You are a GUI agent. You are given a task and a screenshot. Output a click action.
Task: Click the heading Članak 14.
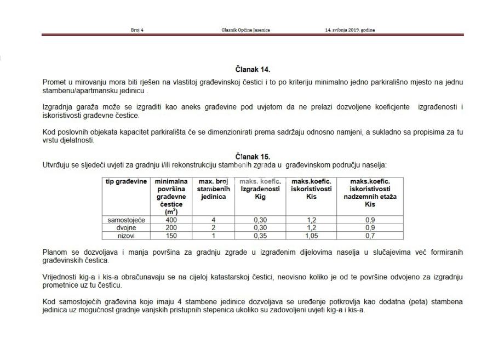pyautogui.click(x=253, y=70)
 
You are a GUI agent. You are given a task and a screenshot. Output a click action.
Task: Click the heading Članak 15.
pyautogui.click(x=253, y=157)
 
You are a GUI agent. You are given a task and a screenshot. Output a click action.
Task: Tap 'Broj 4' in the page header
pyautogui.click(x=137, y=30)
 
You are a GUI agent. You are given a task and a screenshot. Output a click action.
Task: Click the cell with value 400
pyautogui.click(x=171, y=220)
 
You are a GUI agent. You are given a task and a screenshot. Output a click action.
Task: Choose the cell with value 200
pyautogui.click(x=171, y=228)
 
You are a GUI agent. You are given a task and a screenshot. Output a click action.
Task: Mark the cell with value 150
pyautogui.click(x=171, y=236)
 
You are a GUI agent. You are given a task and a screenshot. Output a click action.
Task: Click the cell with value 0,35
pyautogui.click(x=260, y=236)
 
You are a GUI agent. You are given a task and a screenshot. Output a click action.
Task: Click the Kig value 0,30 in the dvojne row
pyautogui.click(x=260, y=228)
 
